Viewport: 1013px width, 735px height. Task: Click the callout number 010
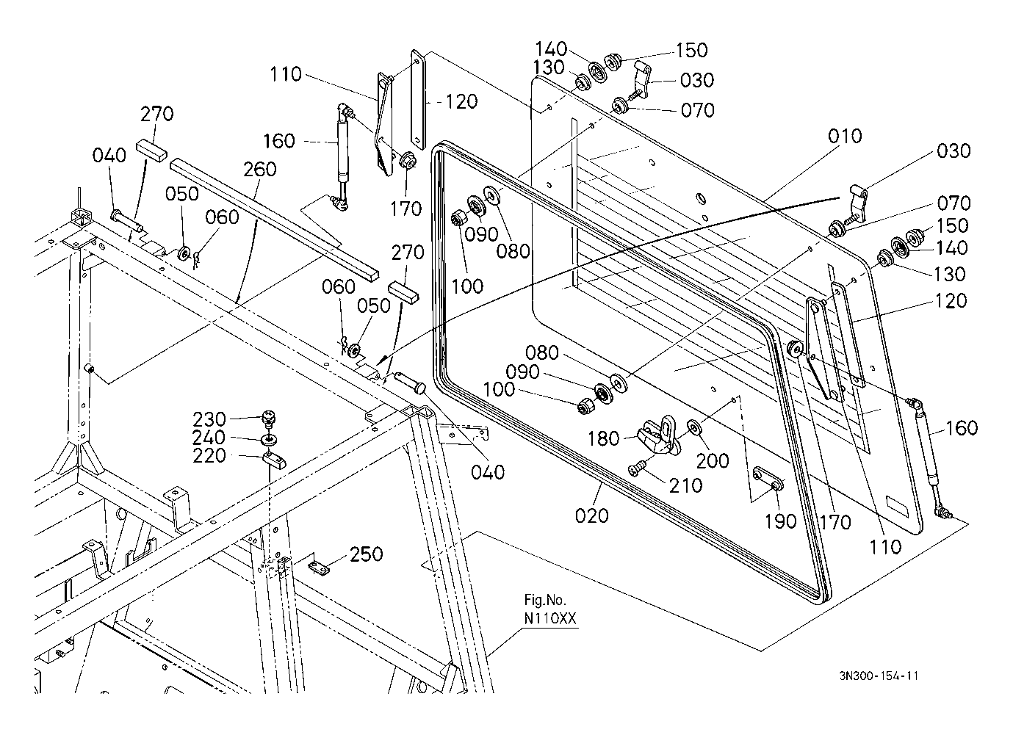click(x=845, y=136)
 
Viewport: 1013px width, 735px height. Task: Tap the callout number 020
click(x=592, y=515)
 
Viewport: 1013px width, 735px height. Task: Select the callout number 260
click(x=260, y=170)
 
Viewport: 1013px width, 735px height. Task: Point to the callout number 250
click(x=367, y=554)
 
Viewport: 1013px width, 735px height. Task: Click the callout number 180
click(x=603, y=438)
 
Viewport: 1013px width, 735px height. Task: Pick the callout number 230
click(x=209, y=419)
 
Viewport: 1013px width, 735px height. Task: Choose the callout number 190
click(x=781, y=521)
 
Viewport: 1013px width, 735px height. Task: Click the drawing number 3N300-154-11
click(x=879, y=676)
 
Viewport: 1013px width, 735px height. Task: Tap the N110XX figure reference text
click(x=550, y=618)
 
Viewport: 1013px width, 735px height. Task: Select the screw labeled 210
click(x=635, y=470)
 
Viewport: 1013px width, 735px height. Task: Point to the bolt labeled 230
click(x=269, y=419)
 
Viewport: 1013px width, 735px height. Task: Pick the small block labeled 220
click(x=275, y=460)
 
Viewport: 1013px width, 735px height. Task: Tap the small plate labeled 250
click(x=319, y=568)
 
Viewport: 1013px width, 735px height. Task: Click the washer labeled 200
click(x=693, y=426)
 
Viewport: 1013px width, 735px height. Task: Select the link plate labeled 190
click(x=768, y=479)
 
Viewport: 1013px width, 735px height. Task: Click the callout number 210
click(x=685, y=486)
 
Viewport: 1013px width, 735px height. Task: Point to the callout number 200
click(x=713, y=461)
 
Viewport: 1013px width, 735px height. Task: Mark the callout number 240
click(x=209, y=438)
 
